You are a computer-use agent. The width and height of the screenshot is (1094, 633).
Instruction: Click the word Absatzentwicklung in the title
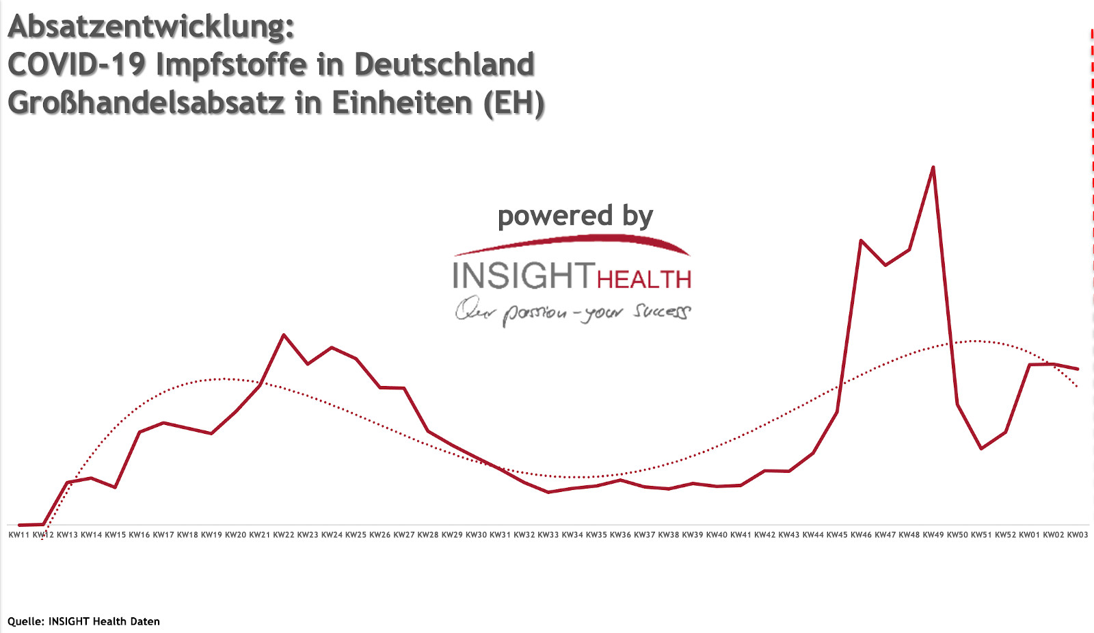150,27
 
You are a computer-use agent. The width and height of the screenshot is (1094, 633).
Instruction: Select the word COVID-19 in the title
76,65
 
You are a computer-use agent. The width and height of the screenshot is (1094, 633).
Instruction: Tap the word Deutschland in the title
444,65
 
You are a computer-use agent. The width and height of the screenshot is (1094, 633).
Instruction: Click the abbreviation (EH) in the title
513,103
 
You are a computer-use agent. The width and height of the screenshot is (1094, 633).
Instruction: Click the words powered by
575,216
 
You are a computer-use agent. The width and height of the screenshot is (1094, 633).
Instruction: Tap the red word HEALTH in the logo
644,279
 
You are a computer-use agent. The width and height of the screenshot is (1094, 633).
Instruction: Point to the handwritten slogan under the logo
573,311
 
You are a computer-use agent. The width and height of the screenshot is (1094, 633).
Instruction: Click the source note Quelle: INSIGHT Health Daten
83,621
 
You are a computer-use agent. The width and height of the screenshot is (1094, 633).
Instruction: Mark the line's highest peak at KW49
933,167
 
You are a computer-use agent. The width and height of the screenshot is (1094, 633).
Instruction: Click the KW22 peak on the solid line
284,335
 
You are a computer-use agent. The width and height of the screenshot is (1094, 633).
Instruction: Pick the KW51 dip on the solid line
981,448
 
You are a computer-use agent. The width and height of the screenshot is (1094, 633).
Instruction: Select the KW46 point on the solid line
861,240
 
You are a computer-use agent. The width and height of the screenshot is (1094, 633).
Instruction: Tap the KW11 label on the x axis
19,534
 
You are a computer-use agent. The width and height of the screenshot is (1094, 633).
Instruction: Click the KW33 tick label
548,534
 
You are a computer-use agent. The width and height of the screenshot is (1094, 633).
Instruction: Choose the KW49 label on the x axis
933,534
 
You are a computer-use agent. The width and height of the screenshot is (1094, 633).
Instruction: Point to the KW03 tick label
1078,534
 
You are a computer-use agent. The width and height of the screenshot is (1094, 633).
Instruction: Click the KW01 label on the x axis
1030,534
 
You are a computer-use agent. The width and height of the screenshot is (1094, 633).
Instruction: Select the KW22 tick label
284,534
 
